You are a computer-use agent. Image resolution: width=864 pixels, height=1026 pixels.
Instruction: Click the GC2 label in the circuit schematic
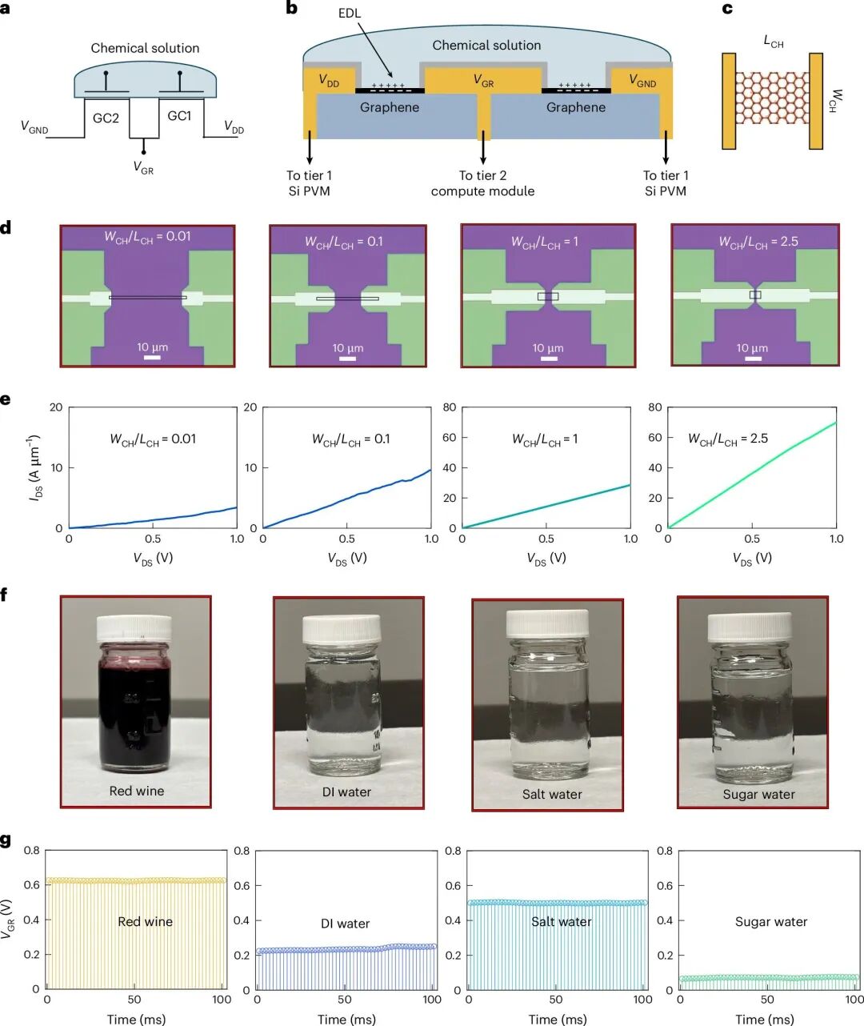point(106,118)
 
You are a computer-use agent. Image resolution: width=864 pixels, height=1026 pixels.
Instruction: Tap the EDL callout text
point(350,14)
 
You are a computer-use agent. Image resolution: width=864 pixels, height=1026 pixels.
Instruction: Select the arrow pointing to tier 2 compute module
point(483,147)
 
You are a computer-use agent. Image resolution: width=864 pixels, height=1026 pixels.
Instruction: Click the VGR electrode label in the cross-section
point(483,80)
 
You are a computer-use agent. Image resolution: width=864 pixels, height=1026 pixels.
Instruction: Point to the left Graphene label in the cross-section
point(390,107)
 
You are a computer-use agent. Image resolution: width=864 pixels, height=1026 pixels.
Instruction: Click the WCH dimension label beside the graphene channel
point(834,101)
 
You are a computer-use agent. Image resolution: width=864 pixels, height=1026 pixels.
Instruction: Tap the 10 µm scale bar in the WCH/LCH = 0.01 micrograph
point(152,357)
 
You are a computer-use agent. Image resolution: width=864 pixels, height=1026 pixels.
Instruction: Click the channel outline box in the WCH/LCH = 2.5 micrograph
point(755,295)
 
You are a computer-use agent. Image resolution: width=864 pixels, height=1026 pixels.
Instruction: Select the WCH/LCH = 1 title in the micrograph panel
point(545,242)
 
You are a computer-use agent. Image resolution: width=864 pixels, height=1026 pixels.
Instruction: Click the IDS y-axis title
point(35,468)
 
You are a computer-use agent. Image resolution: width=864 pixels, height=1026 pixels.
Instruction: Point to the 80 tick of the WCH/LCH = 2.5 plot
point(654,407)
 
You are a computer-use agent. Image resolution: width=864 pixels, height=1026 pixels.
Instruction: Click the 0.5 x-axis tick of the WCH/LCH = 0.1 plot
point(346,539)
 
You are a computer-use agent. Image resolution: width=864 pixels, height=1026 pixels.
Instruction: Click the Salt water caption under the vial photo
point(552,794)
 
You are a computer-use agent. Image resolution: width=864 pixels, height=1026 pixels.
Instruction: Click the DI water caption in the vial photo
point(346,792)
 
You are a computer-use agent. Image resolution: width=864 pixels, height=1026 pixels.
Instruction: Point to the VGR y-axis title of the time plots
point(7,920)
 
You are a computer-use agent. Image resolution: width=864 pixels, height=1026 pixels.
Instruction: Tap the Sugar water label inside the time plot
point(771,922)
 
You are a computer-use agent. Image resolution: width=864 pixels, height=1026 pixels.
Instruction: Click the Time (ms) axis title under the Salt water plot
point(558,1019)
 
